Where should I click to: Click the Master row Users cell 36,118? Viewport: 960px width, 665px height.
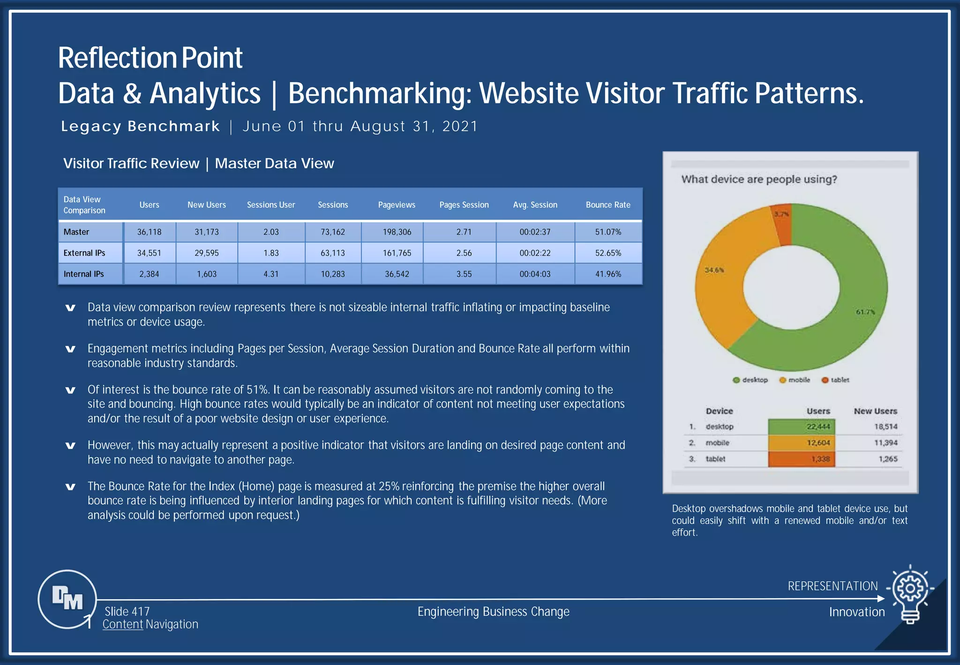tap(149, 232)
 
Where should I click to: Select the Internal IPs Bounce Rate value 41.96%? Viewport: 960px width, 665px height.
tap(608, 274)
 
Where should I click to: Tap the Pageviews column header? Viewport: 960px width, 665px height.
tap(397, 205)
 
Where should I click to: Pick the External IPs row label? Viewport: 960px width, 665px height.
tap(84, 253)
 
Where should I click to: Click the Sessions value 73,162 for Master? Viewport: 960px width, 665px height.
tap(333, 232)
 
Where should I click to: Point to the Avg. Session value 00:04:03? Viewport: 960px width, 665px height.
tap(535, 274)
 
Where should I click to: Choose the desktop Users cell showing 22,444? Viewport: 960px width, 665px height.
tap(802, 427)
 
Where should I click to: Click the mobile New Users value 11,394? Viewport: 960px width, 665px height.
tap(885, 443)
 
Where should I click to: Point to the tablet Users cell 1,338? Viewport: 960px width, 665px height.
tap(802, 459)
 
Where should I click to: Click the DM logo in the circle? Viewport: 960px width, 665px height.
tap(67, 598)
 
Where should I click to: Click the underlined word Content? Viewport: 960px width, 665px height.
tap(123, 624)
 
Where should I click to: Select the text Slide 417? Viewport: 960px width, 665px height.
tap(127, 612)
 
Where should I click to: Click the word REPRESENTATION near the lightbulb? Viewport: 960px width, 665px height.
tap(832, 586)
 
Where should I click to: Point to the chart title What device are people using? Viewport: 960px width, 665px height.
tap(759, 179)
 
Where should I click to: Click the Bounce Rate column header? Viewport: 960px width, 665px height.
tap(608, 205)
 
